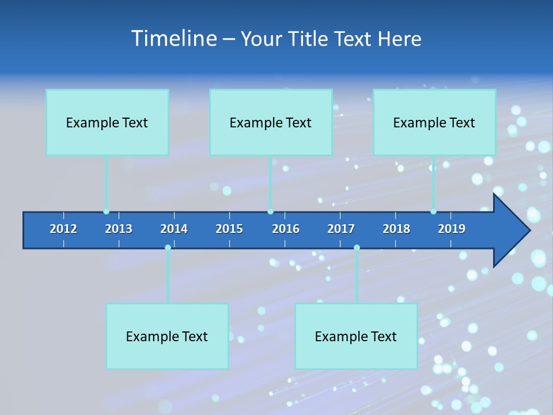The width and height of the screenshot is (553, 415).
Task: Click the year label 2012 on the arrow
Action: [63, 229]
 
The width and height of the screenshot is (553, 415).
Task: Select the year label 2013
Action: [119, 229]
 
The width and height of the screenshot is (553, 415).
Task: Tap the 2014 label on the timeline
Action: [174, 229]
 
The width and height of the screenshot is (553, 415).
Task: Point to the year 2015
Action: [229, 229]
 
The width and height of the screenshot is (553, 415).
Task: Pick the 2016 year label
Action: [286, 229]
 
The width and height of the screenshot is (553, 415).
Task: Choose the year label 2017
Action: [341, 229]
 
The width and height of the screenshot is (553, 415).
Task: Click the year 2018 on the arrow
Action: [396, 229]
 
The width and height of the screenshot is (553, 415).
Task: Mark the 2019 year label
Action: [452, 229]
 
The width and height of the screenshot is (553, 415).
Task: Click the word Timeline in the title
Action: [173, 38]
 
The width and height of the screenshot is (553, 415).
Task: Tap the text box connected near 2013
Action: [107, 122]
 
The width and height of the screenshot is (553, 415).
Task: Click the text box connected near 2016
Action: [271, 122]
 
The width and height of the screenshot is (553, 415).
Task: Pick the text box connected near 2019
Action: [434, 122]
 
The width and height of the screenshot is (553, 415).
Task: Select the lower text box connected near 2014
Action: [167, 336]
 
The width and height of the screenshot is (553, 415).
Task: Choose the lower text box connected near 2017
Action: [356, 336]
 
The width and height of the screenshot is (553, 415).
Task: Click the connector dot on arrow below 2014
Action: [168, 247]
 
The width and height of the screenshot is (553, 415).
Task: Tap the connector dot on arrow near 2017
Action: [357, 247]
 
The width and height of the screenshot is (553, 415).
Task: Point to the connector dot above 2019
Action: [433, 212]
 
